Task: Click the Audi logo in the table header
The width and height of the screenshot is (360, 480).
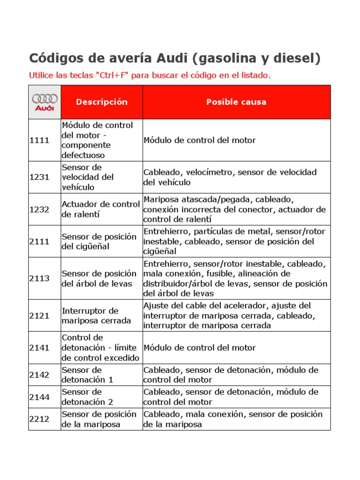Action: click(x=45, y=102)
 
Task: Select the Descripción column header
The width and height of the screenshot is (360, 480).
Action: click(x=102, y=102)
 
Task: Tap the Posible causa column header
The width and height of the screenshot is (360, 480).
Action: click(x=236, y=102)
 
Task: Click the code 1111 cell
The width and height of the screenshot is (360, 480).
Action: click(x=39, y=140)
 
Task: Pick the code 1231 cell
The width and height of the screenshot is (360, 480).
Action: click(x=39, y=177)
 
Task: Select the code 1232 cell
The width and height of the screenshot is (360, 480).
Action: click(x=39, y=210)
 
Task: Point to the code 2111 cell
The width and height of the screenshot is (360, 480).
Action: click(x=39, y=241)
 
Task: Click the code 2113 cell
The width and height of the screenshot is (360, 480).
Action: click(x=39, y=278)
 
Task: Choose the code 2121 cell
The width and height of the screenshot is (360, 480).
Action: click(x=39, y=315)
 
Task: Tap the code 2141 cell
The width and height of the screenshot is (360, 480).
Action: click(x=39, y=347)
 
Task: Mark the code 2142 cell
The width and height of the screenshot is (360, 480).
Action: click(x=39, y=375)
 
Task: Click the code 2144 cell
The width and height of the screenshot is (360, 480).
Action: click(x=39, y=397)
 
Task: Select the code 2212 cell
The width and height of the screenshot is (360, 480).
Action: click(x=39, y=419)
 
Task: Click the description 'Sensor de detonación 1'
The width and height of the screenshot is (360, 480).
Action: click(x=88, y=375)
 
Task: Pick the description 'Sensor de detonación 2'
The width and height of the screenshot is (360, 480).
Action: click(x=88, y=397)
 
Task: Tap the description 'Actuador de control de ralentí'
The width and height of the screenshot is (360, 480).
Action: click(x=101, y=210)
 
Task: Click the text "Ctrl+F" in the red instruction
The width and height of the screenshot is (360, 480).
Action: click(x=112, y=75)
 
